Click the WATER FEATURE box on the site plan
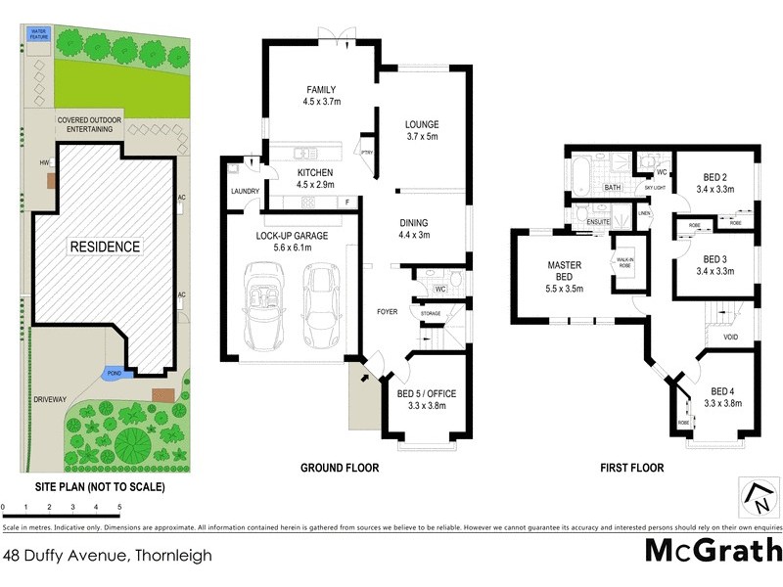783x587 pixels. (x=39, y=34)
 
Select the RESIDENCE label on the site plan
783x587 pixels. (x=104, y=247)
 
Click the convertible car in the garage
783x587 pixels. (x=263, y=307)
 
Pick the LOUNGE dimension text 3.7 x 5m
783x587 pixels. (x=422, y=137)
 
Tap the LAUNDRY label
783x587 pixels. (x=244, y=191)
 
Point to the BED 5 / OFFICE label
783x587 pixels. (x=427, y=394)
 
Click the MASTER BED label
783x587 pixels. (x=564, y=266)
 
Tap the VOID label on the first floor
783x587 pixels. (x=730, y=339)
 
